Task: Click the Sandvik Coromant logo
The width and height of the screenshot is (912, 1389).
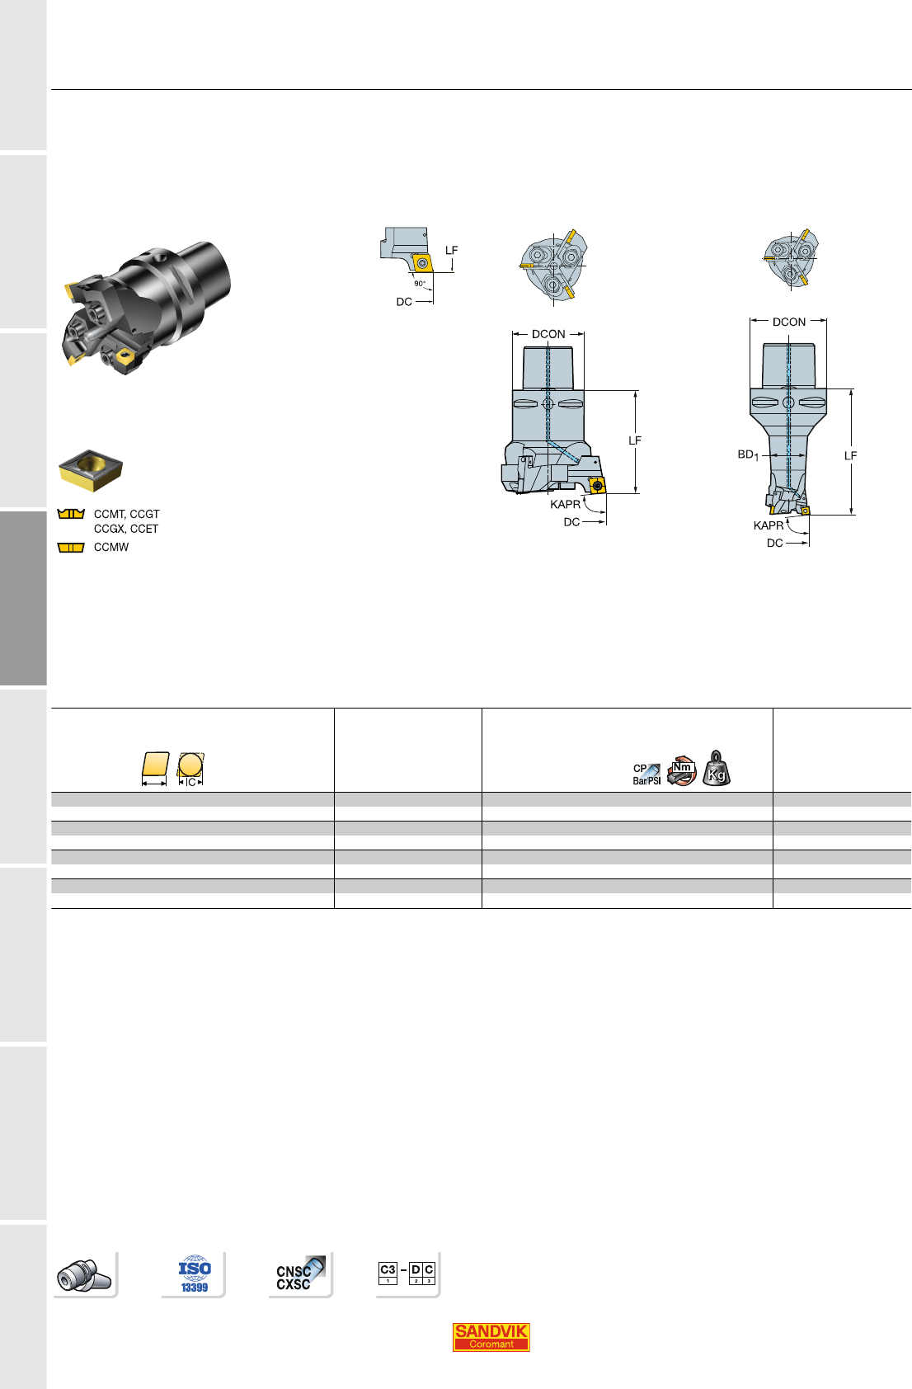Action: pyautogui.click(x=491, y=1337)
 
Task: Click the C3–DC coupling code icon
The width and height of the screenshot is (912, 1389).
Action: pyautogui.click(x=407, y=1274)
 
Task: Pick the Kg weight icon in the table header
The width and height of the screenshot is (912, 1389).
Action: pyautogui.click(x=716, y=769)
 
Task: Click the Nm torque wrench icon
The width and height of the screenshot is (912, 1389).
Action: pyautogui.click(x=681, y=770)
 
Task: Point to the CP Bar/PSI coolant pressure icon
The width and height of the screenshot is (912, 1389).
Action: pyautogui.click(x=646, y=774)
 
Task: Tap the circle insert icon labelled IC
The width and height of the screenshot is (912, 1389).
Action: pyautogui.click(x=190, y=770)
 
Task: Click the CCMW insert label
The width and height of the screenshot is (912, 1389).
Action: pyautogui.click(x=111, y=548)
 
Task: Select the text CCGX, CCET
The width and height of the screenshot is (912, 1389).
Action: pyautogui.click(x=126, y=529)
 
